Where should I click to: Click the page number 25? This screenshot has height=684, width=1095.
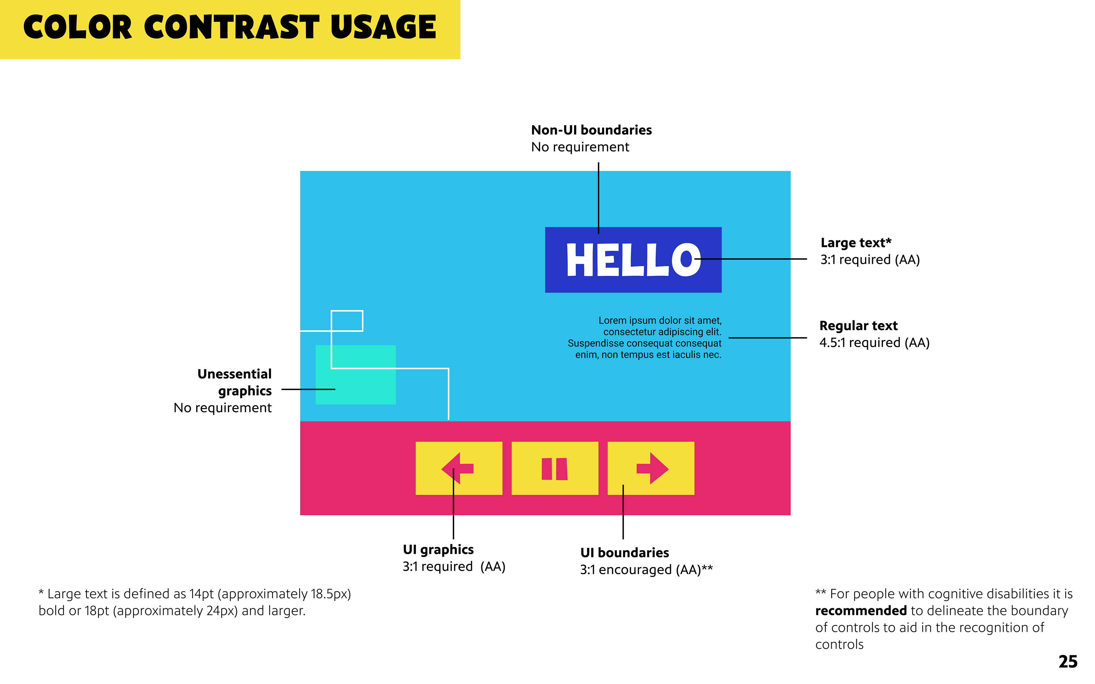click(1068, 661)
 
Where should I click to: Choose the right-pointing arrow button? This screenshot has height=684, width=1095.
click(651, 468)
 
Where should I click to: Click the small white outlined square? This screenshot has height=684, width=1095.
click(347, 321)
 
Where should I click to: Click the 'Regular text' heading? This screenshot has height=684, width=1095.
click(858, 326)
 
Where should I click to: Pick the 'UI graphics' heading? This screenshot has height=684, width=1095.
click(438, 550)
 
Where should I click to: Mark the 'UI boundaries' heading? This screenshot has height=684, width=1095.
click(624, 553)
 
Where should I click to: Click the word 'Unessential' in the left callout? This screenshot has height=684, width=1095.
click(234, 374)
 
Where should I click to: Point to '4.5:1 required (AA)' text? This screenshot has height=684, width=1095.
click(874, 343)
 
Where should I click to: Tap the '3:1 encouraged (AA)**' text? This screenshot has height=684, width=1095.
click(646, 569)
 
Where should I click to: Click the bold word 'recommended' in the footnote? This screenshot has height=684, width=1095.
click(861, 611)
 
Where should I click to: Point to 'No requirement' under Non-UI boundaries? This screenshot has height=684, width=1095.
click(580, 147)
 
